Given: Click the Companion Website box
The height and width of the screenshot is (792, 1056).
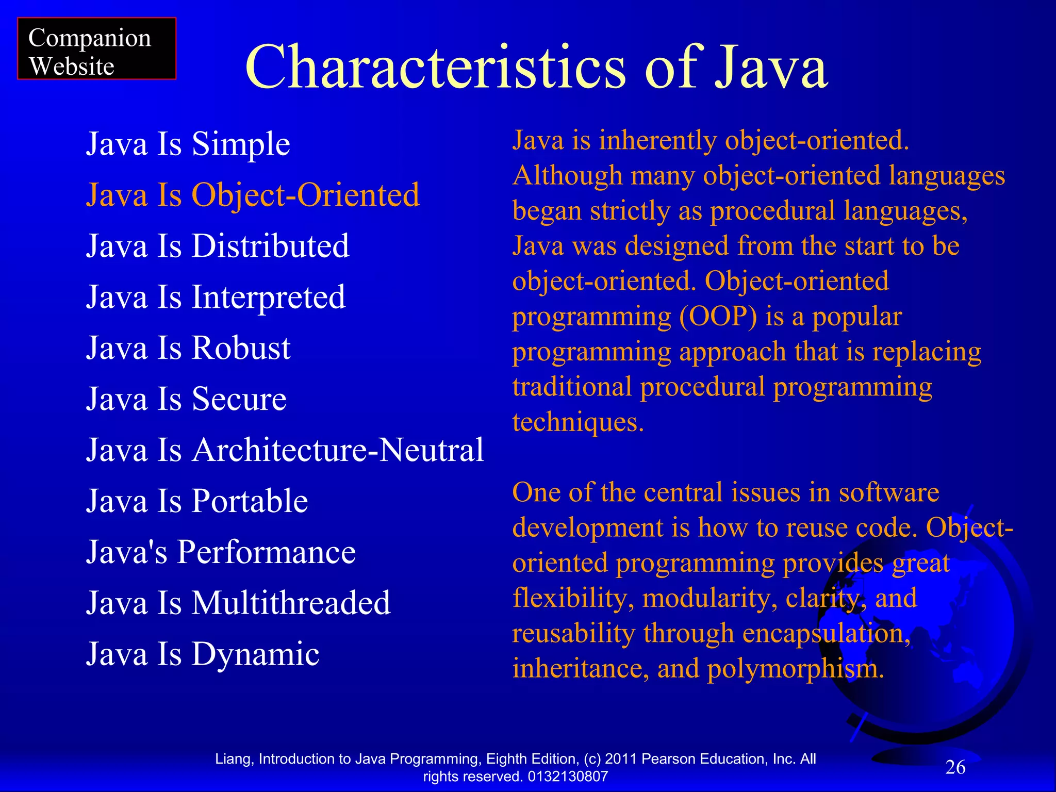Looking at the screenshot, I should click(x=96, y=49).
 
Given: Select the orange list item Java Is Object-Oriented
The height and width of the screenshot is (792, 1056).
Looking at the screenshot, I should click(x=253, y=195).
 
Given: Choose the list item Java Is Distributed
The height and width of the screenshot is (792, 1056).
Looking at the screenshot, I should click(x=218, y=246).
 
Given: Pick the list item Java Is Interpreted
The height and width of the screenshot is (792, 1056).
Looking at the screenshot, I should click(x=216, y=297).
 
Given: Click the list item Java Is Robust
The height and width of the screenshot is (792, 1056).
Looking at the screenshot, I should click(x=188, y=348).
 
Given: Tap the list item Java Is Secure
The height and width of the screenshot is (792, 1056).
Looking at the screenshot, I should click(x=186, y=399).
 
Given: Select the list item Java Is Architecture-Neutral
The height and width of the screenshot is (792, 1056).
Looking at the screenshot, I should click(x=285, y=450).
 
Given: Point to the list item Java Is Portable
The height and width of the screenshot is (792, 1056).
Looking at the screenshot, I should click(x=197, y=501).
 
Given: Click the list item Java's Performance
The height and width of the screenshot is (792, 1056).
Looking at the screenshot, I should click(x=221, y=552).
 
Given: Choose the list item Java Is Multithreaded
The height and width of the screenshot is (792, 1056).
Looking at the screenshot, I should click(x=238, y=603).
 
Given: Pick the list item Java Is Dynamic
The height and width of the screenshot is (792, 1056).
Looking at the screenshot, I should click(x=203, y=654).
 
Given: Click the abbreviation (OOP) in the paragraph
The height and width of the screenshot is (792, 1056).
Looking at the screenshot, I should click(x=718, y=317).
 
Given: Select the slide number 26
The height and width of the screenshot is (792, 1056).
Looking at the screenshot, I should click(x=955, y=767).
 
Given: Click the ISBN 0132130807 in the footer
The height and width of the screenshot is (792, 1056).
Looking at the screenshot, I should click(x=568, y=777).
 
